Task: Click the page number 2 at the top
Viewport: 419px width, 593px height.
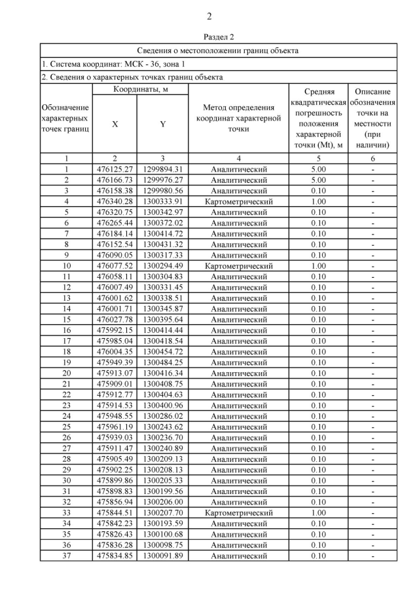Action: [x=209, y=16]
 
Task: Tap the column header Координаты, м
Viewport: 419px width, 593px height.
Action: [x=140, y=89]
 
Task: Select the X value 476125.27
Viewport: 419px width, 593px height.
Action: [x=115, y=169]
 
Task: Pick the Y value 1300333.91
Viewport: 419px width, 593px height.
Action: [x=162, y=201]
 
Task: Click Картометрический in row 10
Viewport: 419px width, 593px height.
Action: [x=238, y=266]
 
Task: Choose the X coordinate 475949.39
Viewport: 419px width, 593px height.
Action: [x=115, y=362]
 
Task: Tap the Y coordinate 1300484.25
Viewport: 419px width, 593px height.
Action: [x=162, y=362]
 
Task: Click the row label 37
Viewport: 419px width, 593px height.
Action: [x=66, y=556]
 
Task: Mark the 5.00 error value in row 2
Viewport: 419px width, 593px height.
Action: [x=318, y=180]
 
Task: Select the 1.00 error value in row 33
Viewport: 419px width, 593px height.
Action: [x=318, y=513]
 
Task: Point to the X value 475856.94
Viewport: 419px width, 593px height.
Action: [x=115, y=502]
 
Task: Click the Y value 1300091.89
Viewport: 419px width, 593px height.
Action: [x=162, y=556]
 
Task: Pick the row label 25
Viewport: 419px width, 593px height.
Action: [x=66, y=427]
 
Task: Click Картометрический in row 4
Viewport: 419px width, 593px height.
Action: [x=238, y=201]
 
